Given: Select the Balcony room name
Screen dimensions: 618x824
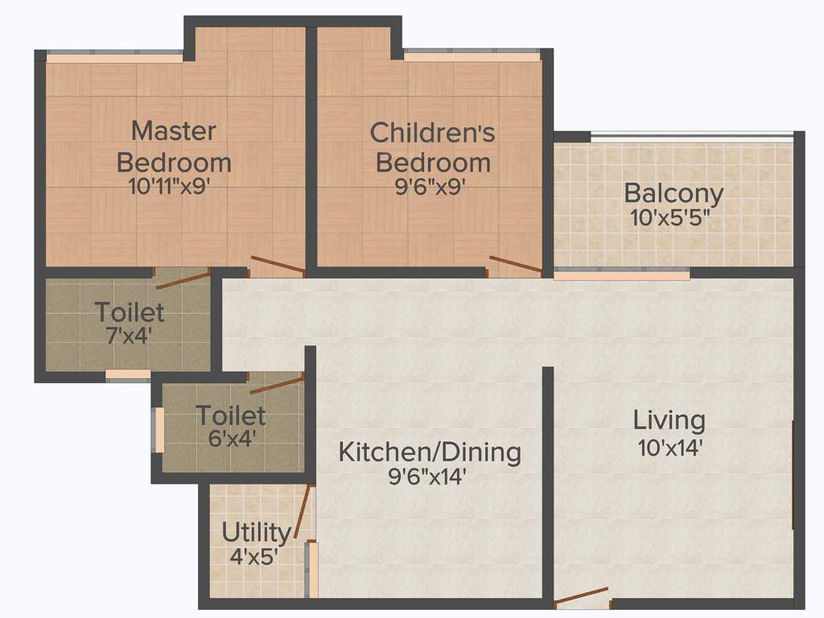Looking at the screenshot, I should pyautogui.click(x=674, y=193).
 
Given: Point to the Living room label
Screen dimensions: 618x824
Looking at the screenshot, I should pyautogui.click(x=669, y=419).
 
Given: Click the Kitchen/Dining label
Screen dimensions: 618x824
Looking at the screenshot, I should pyautogui.click(x=429, y=451).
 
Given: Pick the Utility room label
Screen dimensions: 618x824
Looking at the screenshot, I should pyautogui.click(x=256, y=533).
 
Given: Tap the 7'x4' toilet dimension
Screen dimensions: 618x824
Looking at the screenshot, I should pyautogui.click(x=130, y=335).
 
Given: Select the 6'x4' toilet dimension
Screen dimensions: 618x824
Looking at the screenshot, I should pyautogui.click(x=231, y=439).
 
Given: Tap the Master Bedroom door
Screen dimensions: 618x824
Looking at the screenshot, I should pyautogui.click(x=277, y=266).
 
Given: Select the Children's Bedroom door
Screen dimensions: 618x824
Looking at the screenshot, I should pyautogui.click(x=515, y=266).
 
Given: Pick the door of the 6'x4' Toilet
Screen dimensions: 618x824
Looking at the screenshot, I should pyautogui.click(x=277, y=384).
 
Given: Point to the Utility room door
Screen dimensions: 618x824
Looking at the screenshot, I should pyautogui.click(x=301, y=512).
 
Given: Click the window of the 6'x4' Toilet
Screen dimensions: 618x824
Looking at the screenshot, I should pyautogui.click(x=159, y=430).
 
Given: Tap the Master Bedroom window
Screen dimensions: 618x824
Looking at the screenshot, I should pyautogui.click(x=117, y=57).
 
